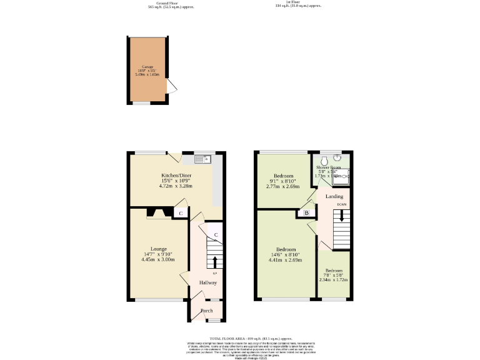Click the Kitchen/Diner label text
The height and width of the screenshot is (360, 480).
click(x=175, y=176)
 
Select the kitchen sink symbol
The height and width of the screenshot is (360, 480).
click(x=204, y=159)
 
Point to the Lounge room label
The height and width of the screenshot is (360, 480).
click(x=158, y=249)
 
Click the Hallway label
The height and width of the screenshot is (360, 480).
click(x=208, y=283)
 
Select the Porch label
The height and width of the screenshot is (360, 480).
click(x=206, y=311)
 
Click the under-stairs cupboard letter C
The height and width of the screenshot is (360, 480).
click(x=216, y=235)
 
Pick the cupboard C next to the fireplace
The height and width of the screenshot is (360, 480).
click(x=181, y=214)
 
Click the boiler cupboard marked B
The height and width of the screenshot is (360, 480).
click(x=306, y=213)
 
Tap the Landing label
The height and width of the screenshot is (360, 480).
click(x=334, y=196)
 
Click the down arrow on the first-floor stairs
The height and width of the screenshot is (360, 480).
click(x=341, y=216)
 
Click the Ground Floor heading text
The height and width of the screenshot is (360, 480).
click(x=171, y=2)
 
